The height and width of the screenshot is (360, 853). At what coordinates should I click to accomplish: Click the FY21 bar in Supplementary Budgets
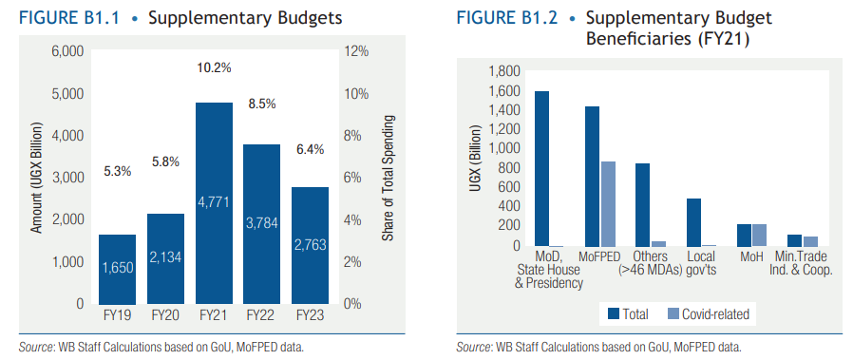[215, 203]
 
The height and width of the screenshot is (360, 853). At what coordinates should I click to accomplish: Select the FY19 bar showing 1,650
[117, 269]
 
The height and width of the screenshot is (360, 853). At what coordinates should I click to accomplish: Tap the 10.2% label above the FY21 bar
[215, 68]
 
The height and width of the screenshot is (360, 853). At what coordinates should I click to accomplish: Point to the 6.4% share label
[310, 149]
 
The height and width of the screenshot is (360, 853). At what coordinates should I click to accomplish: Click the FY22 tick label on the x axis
[262, 315]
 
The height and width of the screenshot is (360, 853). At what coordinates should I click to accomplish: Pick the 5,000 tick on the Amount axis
[67, 93]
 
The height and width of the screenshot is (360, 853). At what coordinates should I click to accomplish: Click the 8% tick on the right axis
[353, 136]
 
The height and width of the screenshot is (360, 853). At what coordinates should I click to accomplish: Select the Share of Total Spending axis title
[388, 178]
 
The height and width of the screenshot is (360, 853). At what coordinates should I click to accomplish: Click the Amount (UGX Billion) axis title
[36, 179]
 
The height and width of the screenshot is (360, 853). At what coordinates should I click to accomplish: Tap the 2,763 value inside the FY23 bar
[310, 245]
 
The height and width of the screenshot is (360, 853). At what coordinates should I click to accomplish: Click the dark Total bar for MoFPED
[592, 177]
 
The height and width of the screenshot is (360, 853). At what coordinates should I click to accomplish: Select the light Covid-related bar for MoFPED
[607, 204]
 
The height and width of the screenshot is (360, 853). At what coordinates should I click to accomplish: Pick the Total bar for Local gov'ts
[693, 223]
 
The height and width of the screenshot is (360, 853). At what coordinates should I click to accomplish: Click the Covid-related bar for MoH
[759, 236]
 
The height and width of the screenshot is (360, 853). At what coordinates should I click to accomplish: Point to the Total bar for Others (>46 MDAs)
[642, 205]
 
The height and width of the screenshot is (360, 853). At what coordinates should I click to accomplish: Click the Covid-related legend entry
[708, 313]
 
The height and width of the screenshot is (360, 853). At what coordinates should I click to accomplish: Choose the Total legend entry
[628, 313]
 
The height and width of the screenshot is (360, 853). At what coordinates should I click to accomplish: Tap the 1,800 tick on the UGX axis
[505, 71]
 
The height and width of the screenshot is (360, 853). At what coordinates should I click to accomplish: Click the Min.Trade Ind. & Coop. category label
[803, 263]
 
